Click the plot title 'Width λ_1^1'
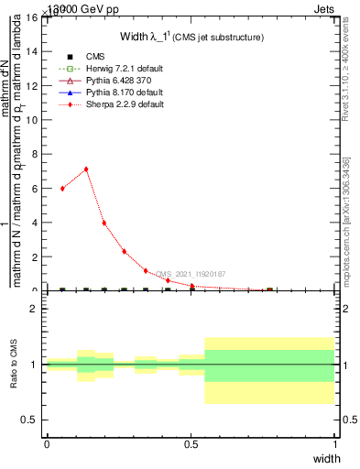click(191, 37)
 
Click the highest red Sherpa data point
click(86, 169)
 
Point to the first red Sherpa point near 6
click(62, 188)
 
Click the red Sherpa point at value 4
click(104, 223)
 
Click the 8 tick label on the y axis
click(34, 154)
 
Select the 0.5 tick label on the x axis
click(191, 443)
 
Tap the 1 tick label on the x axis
click(335, 443)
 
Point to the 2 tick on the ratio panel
click(34, 309)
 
